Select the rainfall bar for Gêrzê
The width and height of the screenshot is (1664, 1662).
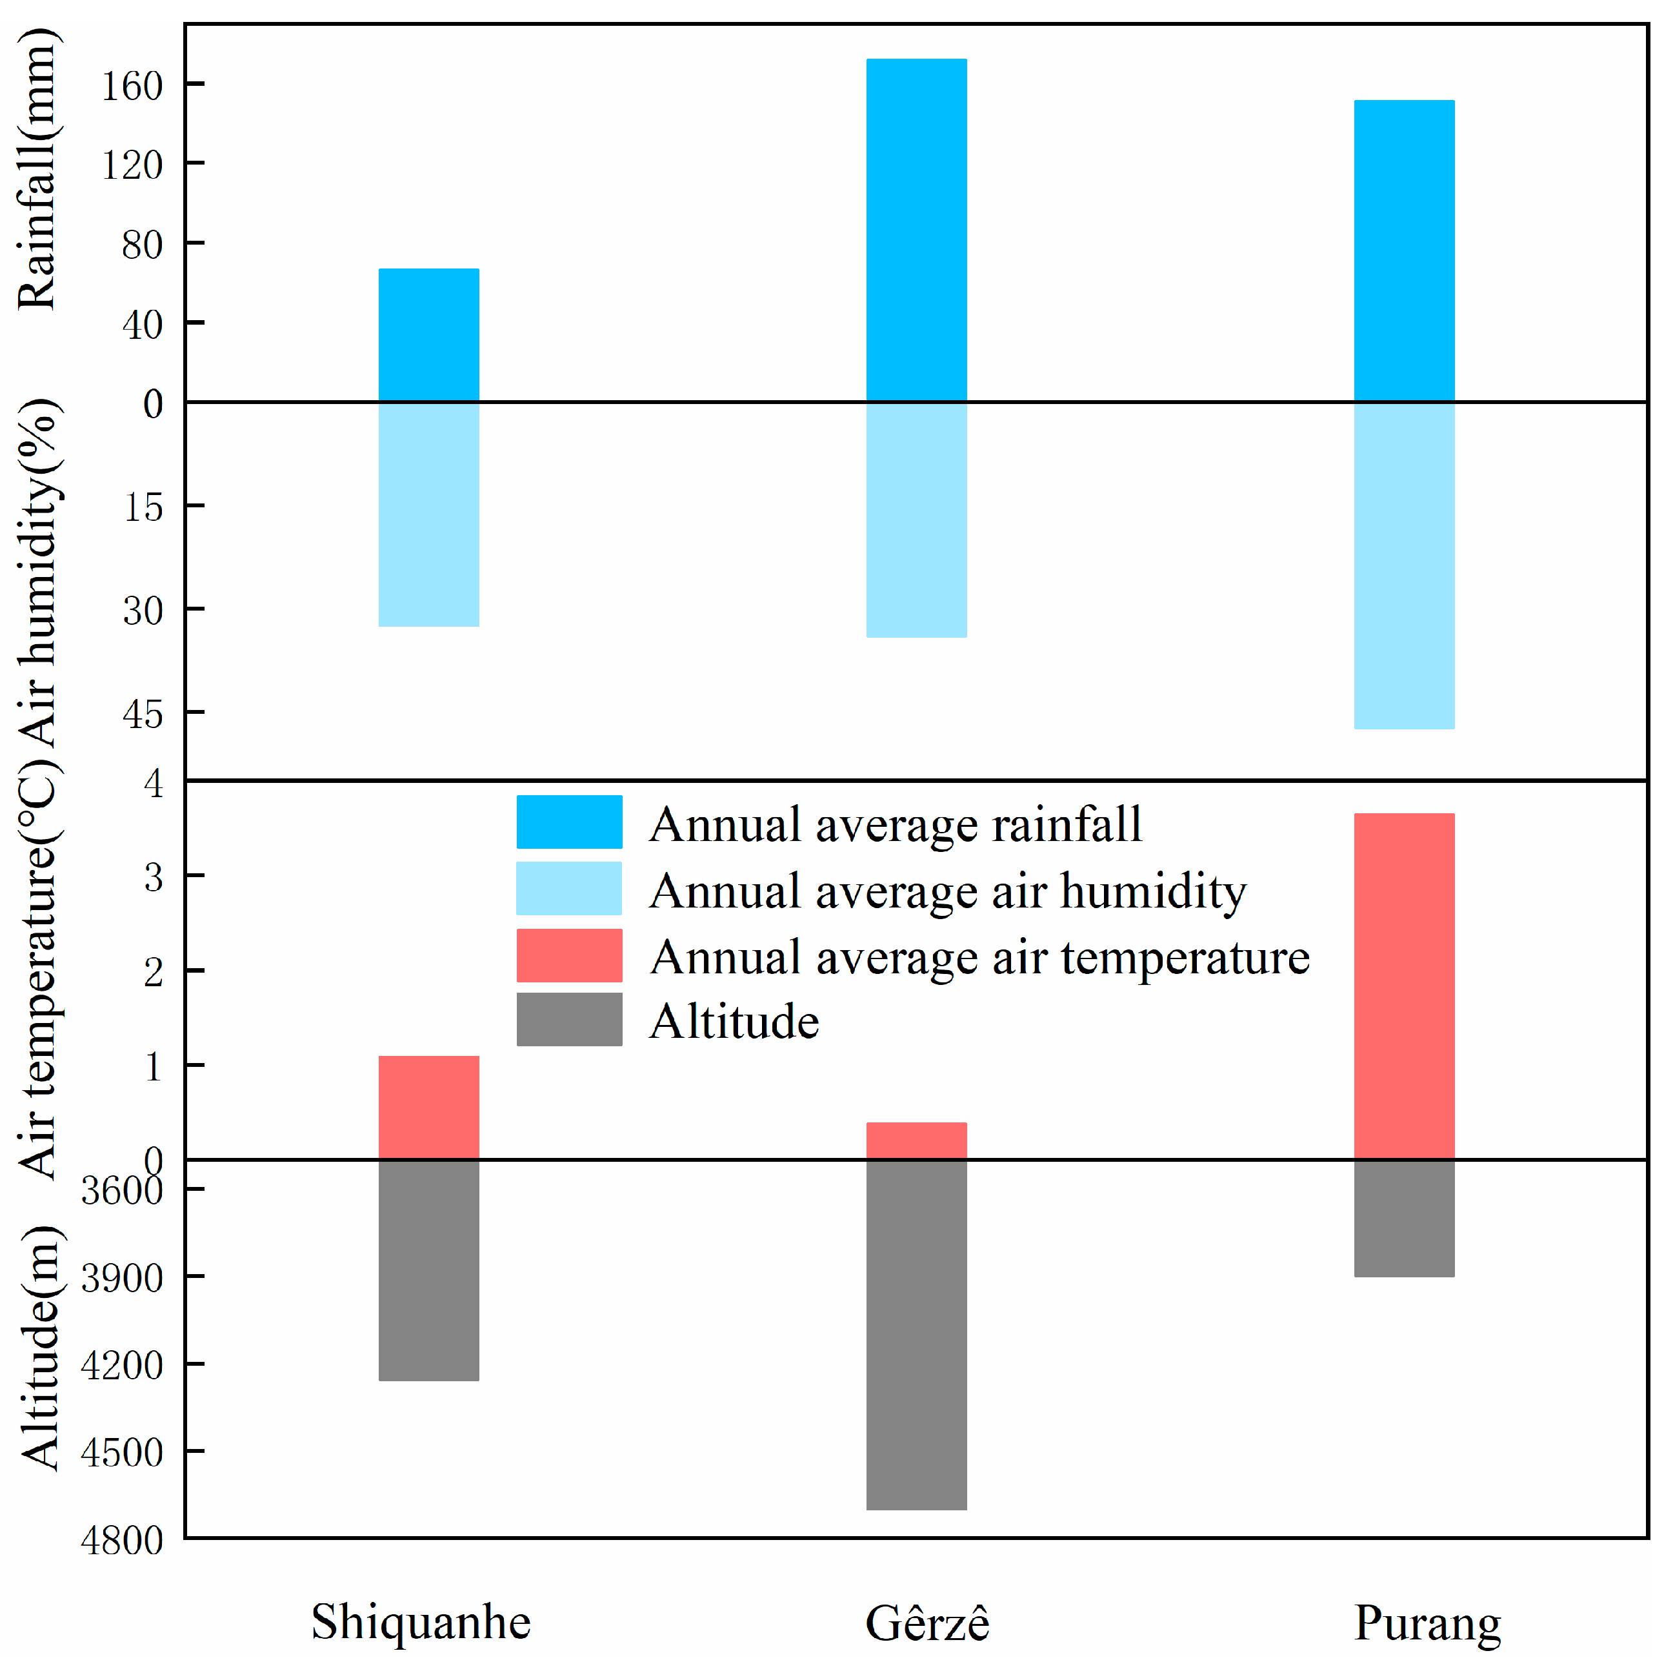[x=916, y=230]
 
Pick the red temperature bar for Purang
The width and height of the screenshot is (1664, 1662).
[x=1404, y=986]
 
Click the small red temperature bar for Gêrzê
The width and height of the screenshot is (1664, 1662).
[x=916, y=1140]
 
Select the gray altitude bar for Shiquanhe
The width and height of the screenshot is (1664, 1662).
[x=429, y=1270]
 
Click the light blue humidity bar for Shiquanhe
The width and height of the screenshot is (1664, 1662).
[x=429, y=514]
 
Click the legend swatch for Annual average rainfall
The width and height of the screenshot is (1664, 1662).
[x=569, y=822]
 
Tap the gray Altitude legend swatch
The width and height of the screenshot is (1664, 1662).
[x=569, y=1019]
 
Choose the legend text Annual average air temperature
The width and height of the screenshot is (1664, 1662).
[x=979, y=957]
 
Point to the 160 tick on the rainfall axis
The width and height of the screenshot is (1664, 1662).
[x=132, y=85]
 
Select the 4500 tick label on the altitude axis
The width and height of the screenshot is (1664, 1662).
[x=121, y=1453]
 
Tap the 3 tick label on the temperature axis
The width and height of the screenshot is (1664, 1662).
[x=154, y=877]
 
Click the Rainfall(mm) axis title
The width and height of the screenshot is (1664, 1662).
[x=38, y=169]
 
